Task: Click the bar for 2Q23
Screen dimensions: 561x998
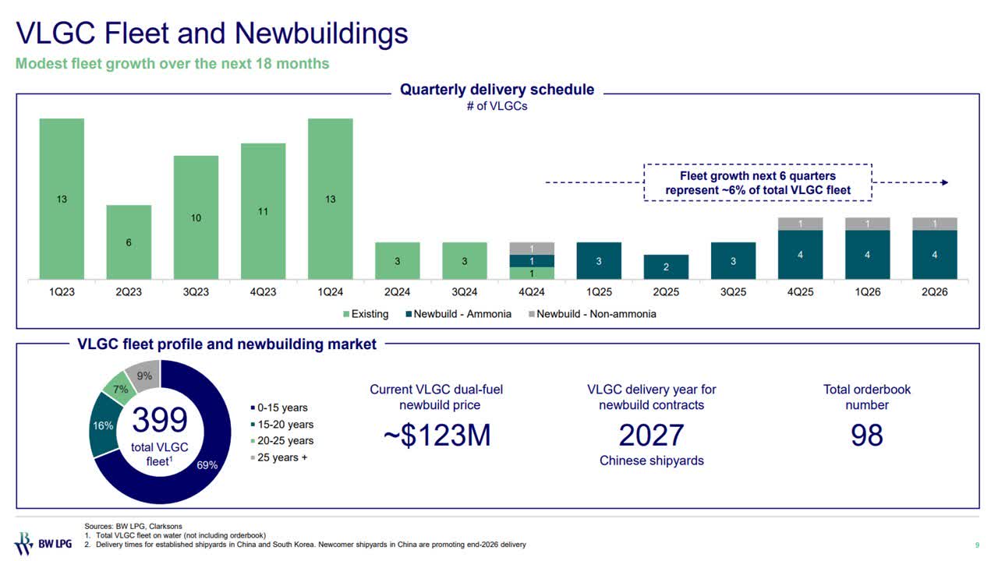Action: point(129,242)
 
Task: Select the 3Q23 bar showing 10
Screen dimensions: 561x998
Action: point(196,217)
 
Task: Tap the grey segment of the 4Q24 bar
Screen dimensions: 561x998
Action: point(532,249)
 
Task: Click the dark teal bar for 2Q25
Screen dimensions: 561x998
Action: point(666,267)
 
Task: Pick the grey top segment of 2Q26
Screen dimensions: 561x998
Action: point(934,224)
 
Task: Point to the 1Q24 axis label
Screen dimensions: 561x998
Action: point(330,294)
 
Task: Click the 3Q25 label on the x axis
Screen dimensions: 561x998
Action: point(733,294)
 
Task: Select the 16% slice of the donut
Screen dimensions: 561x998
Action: point(104,425)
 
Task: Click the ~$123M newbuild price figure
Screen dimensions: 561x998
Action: point(437,436)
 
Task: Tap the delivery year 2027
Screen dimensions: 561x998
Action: point(651,436)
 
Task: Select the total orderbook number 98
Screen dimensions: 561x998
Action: point(866,436)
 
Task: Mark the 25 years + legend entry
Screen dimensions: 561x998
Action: point(281,457)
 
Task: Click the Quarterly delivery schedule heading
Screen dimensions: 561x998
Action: point(497,90)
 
